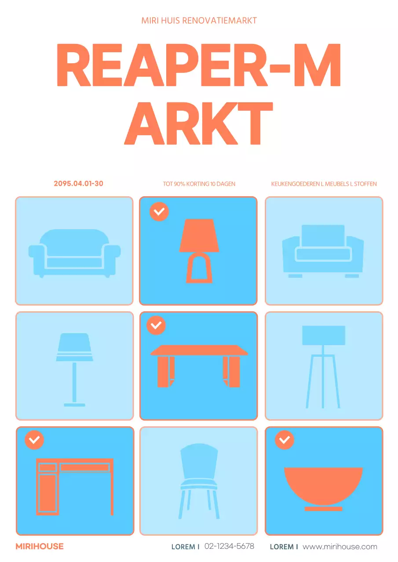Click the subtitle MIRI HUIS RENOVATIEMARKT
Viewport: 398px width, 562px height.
[199, 21]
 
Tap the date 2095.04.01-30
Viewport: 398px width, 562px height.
[78, 184]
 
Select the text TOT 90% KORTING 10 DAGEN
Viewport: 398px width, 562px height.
[199, 184]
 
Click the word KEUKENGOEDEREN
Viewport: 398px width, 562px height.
[295, 184]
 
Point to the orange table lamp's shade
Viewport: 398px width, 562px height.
[199, 235]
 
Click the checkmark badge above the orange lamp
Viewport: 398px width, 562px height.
[159, 212]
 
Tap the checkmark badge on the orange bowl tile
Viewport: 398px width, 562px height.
[285, 440]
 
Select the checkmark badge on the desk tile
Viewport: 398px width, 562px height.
[34, 440]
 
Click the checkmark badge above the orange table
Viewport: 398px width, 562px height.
[156, 325]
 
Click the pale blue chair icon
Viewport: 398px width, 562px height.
[199, 481]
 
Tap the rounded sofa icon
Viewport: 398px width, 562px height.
[74, 253]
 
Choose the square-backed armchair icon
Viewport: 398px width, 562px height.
[323, 251]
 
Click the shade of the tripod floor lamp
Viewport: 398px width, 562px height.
[324, 335]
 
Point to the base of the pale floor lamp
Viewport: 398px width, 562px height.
[74, 405]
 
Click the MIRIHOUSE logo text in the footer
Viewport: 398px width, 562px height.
[40, 546]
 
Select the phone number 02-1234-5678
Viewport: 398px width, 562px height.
[229, 546]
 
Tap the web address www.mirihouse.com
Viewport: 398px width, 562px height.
[340, 547]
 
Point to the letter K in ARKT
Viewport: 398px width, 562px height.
[219, 123]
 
